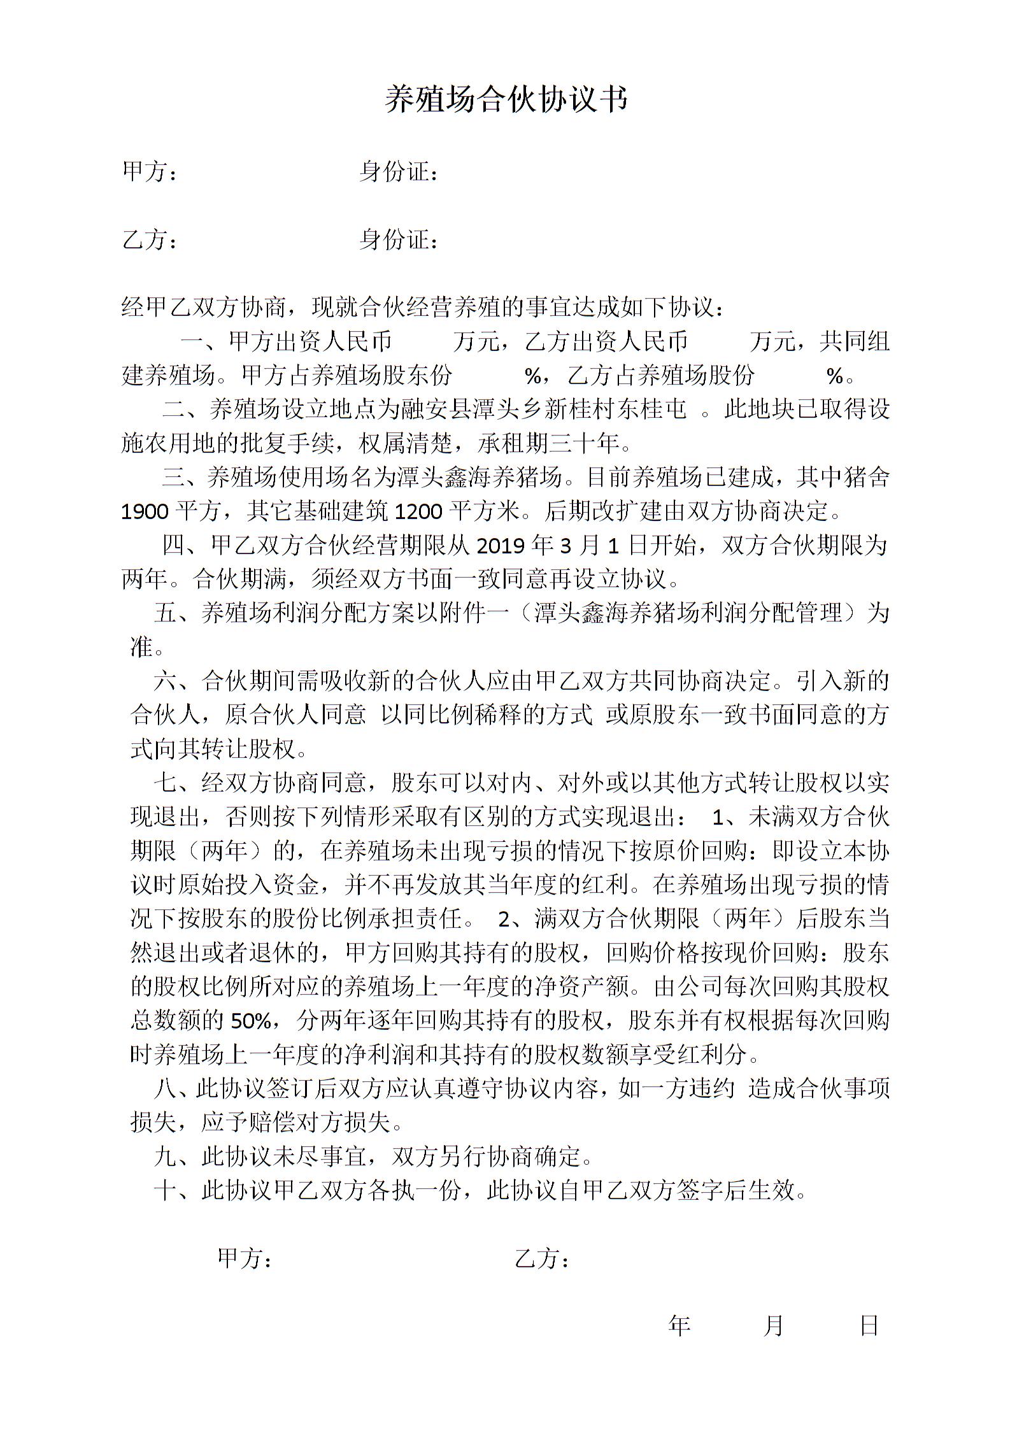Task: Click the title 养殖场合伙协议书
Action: (x=506, y=100)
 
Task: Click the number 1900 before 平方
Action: (x=145, y=511)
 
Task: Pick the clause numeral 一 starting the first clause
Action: (x=192, y=342)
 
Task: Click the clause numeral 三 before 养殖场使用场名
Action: (x=173, y=477)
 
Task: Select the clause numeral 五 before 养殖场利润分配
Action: (x=165, y=613)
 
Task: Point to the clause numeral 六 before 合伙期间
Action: (x=165, y=681)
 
